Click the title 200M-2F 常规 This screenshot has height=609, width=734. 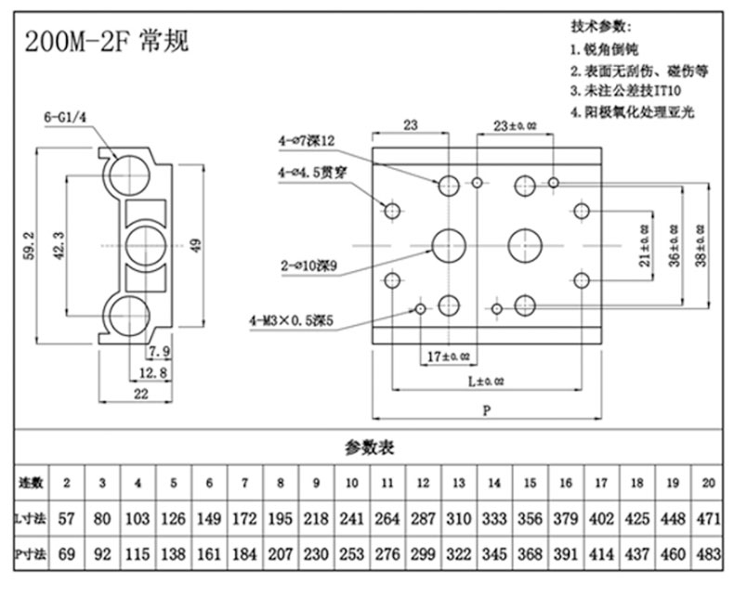108,41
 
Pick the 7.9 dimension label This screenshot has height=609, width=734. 159,351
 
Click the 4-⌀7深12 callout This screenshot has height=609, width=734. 306,140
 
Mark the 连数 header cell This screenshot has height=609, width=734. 32,484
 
